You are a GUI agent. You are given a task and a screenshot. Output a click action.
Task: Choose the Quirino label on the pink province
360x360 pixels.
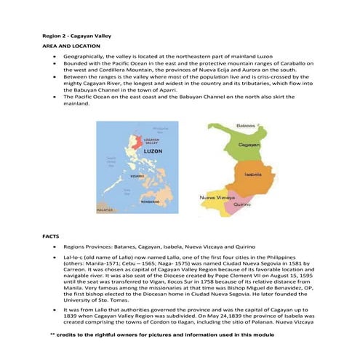tap(241, 206)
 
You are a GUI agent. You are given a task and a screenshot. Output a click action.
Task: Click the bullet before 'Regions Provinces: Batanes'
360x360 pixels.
tap(55, 247)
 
